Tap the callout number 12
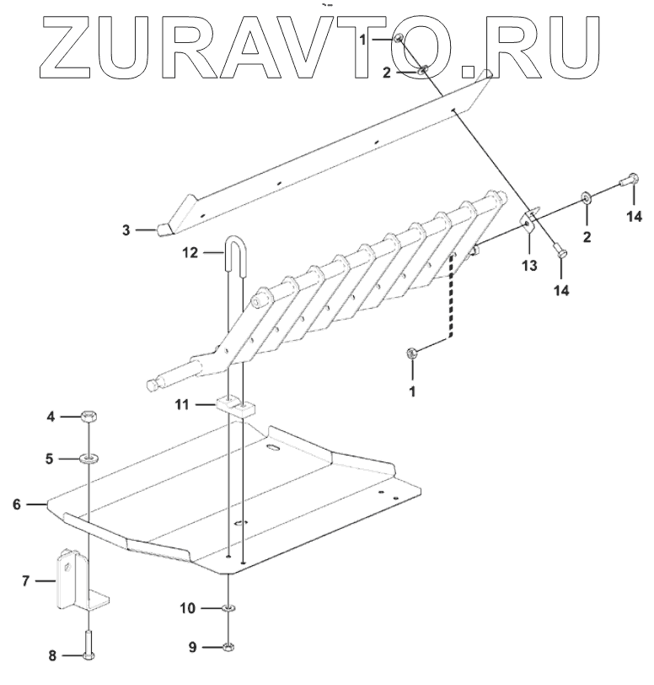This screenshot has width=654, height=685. [190, 251]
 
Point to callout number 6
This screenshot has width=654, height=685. [16, 504]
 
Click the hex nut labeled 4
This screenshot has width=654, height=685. [88, 416]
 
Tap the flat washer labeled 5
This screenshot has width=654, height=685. [88, 458]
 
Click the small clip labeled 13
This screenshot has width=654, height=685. [529, 223]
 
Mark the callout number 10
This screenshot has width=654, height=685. [188, 607]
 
